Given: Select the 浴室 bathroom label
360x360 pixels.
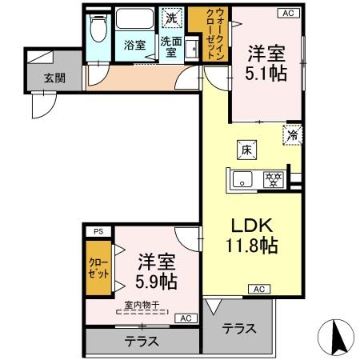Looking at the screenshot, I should [x=134, y=46].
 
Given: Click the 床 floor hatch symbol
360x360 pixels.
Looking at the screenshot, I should [x=248, y=148].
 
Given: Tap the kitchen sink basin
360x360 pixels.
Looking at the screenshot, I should [x=243, y=178].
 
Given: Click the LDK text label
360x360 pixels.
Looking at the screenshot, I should [x=250, y=226].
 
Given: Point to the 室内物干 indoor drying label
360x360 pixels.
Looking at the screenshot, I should [x=141, y=305].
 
